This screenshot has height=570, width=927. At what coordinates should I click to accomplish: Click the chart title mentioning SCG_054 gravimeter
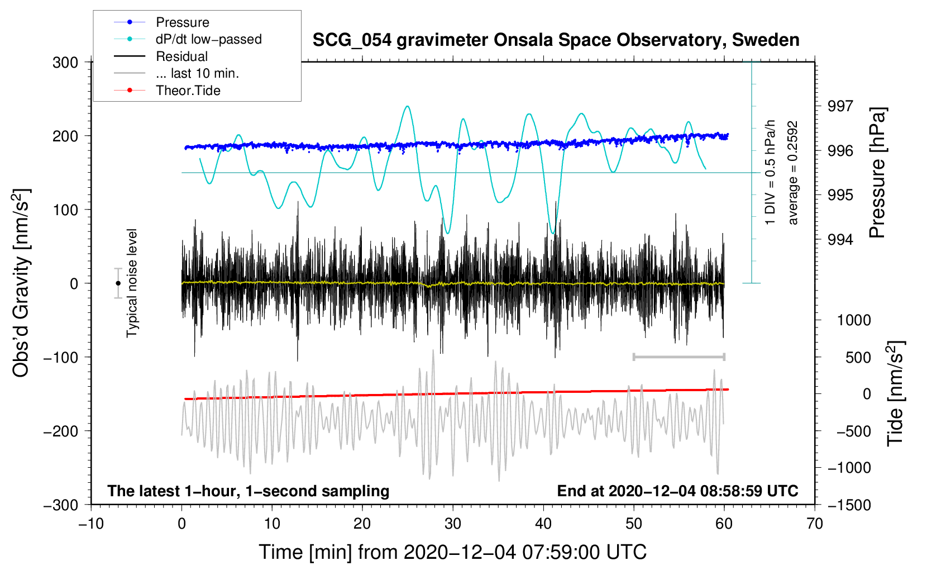click(x=556, y=40)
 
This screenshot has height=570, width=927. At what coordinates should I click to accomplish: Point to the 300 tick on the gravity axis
click(x=65, y=63)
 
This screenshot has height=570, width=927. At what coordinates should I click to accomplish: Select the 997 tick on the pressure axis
click(x=840, y=106)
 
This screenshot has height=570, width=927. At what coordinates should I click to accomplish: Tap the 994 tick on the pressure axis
click(x=840, y=240)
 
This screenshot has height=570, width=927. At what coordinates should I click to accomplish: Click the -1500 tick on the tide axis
click(x=849, y=505)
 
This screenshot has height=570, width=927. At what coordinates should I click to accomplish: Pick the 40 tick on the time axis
click(x=543, y=524)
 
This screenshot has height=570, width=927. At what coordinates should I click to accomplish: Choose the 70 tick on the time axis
click(x=815, y=524)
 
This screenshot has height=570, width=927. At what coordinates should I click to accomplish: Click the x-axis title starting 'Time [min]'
click(x=453, y=552)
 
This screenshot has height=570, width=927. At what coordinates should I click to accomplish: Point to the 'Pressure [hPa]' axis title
click(x=878, y=173)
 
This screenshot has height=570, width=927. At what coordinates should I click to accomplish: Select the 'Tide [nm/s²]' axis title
click(x=895, y=393)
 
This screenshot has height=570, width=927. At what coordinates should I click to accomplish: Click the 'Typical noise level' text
click(x=132, y=283)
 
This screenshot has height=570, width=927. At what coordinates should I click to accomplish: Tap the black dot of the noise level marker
click(x=118, y=283)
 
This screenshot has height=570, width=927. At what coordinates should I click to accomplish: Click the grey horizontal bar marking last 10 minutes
click(x=678, y=357)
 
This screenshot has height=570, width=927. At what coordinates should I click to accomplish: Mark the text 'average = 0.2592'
click(x=793, y=173)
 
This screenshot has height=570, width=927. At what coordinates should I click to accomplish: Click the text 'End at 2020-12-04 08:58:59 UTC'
click(x=677, y=491)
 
